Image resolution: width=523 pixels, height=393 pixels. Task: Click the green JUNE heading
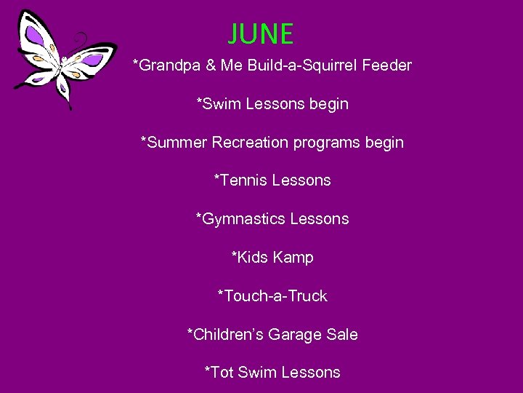(x=260, y=34)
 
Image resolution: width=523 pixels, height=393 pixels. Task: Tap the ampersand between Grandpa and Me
(x=211, y=65)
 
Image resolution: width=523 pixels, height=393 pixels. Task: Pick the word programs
(x=326, y=143)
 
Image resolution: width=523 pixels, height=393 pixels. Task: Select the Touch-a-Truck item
(x=272, y=296)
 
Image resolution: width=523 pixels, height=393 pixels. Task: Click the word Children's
(x=225, y=335)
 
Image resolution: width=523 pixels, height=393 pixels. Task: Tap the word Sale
(x=341, y=335)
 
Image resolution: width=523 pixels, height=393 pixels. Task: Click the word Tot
(x=219, y=373)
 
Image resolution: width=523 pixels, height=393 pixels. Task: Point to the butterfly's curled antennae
(x=81, y=40)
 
